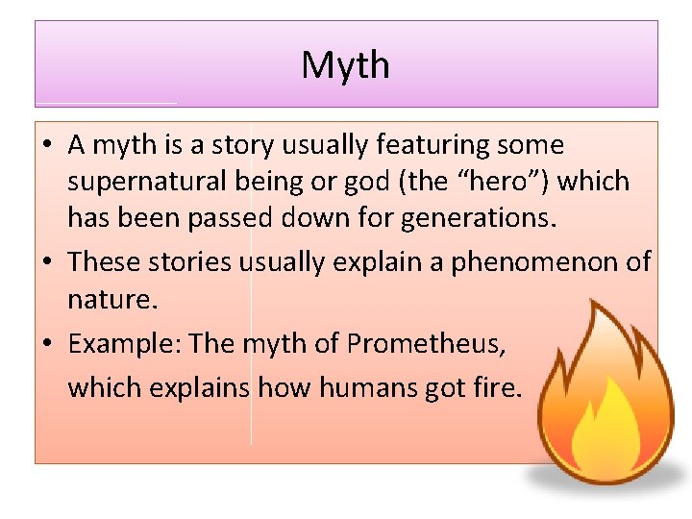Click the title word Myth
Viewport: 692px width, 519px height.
pyautogui.click(x=345, y=65)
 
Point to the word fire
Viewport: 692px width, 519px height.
pyautogui.click(x=498, y=388)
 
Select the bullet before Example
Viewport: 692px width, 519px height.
pyautogui.click(x=46, y=344)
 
